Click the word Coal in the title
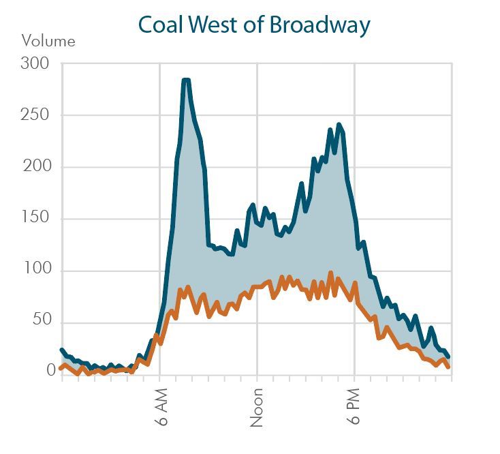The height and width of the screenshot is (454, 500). (161, 25)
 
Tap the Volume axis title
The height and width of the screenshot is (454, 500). (48, 41)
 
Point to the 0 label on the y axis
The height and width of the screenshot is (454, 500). (50, 371)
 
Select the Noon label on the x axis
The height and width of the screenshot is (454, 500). (257, 408)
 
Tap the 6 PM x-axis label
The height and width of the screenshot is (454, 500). (355, 408)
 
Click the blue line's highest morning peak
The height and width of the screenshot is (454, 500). (185, 80)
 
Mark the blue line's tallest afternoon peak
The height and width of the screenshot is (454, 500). (339, 125)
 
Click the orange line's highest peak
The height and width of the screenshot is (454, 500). (330, 273)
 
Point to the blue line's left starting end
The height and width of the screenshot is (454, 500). (62, 350)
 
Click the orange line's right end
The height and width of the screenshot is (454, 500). (448, 367)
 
